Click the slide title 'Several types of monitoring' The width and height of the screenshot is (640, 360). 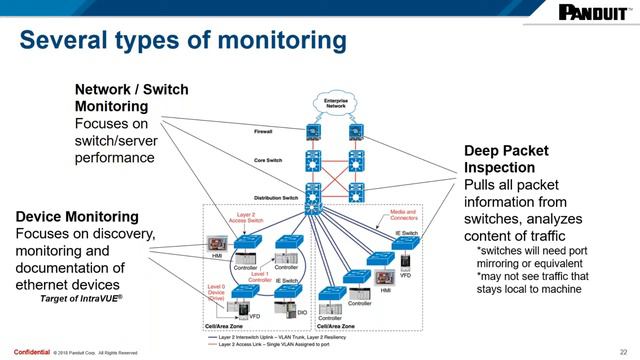(x=184, y=43)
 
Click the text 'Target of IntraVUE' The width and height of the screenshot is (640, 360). (x=80, y=298)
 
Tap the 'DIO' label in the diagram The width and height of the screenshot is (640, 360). (x=301, y=313)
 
